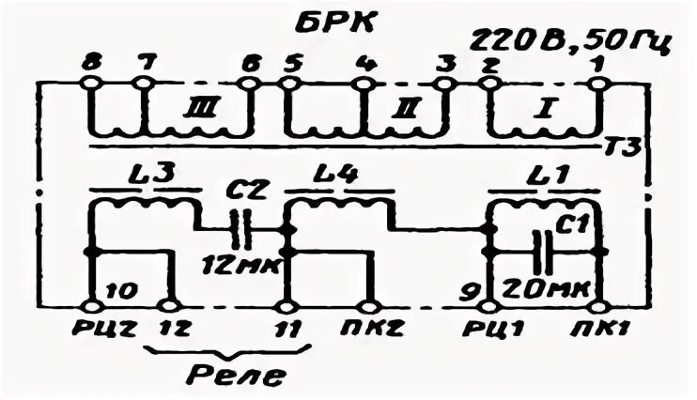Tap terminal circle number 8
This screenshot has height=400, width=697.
(90, 84)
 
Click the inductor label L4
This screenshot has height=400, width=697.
(335, 175)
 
